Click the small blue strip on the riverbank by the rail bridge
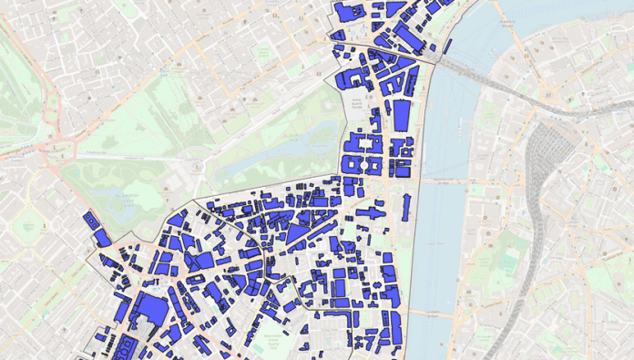pyautogui.click(x=447, y=46)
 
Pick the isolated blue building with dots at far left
pyautogui.click(x=90, y=221)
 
